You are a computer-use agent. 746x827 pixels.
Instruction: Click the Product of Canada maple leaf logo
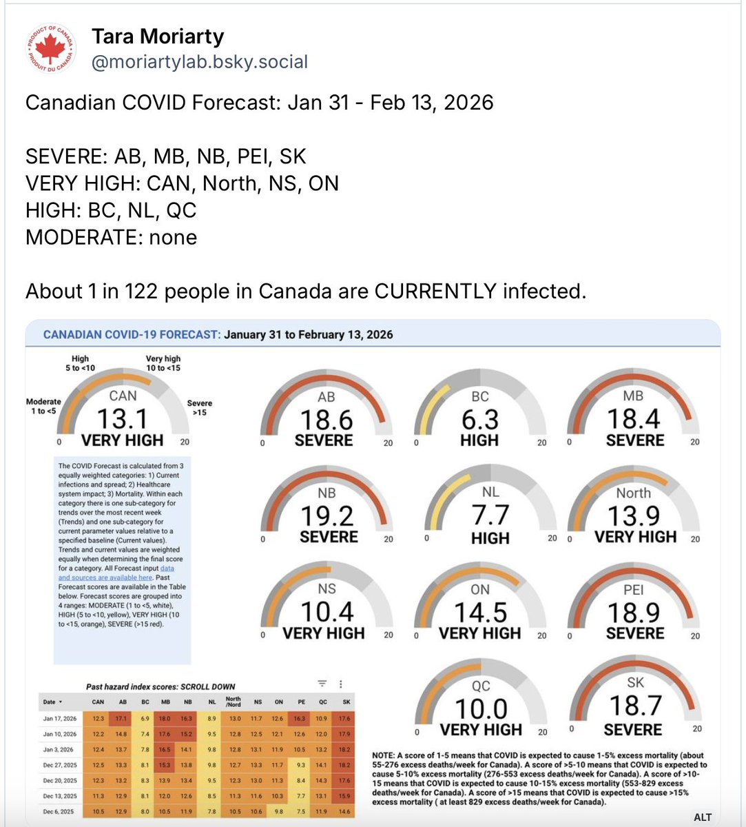[50, 48]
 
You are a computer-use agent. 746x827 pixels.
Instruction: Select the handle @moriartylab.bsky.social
[200, 61]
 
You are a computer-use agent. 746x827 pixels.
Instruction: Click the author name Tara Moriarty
[158, 36]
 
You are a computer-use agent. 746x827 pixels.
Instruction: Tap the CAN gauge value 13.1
[122, 419]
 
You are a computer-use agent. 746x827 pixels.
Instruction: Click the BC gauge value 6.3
[479, 420]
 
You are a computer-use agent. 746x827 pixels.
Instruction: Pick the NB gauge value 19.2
[327, 515]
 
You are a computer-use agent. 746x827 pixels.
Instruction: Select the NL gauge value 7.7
[490, 515]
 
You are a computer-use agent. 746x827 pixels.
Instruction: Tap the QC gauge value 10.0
[481, 708]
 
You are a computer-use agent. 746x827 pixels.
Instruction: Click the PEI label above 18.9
[633, 589]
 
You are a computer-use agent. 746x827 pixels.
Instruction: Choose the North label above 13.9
[633, 493]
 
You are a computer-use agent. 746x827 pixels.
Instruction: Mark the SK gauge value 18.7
[634, 706]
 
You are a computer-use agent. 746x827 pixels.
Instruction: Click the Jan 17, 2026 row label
[60, 718]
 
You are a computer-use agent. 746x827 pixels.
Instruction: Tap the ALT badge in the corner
[703, 817]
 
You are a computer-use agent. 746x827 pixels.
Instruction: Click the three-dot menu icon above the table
[341, 684]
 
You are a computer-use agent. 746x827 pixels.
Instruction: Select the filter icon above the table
[322, 684]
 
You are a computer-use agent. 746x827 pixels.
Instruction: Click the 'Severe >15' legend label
[199, 407]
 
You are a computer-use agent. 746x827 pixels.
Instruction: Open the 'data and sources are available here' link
[116, 573]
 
